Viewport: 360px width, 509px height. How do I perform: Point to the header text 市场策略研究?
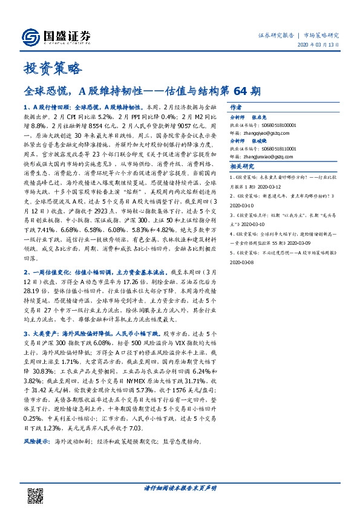coord(322,35)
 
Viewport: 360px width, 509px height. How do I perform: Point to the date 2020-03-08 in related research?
coord(242,263)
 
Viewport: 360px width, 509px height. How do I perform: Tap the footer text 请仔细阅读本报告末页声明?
coord(180,487)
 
